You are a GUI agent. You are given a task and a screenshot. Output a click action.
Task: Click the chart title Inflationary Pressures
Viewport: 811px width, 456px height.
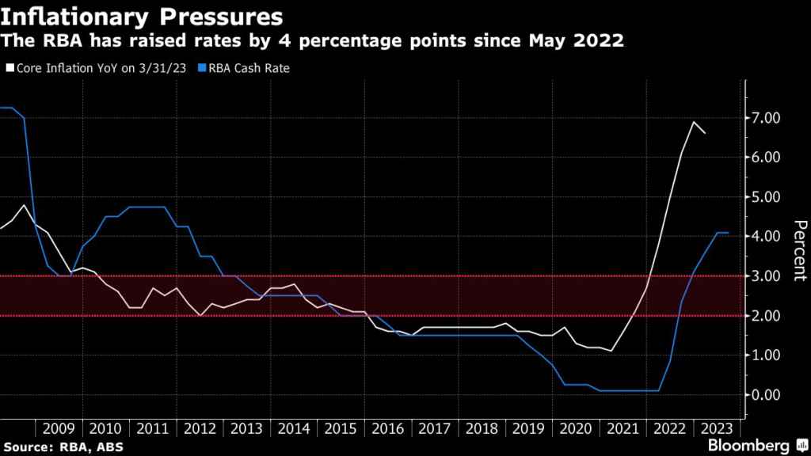coord(142,15)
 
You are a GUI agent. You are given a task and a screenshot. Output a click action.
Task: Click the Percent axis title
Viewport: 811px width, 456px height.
coord(798,250)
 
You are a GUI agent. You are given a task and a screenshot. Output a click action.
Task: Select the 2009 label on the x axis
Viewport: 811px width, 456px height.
coord(59,429)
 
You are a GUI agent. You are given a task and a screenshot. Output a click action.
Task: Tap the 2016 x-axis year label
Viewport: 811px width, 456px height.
coord(388,429)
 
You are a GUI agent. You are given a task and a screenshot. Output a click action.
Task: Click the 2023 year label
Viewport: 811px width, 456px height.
coord(717,429)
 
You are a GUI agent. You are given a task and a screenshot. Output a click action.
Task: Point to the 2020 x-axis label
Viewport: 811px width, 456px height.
coord(576,429)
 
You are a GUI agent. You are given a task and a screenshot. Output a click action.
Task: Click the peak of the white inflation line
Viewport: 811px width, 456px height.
coord(694,122)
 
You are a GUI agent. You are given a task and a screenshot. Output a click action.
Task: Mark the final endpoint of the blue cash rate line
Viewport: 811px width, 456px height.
coord(728,233)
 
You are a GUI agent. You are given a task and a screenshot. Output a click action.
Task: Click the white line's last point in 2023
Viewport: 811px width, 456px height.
coord(705,134)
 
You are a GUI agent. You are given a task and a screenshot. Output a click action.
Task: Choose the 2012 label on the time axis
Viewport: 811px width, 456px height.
coord(200,429)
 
